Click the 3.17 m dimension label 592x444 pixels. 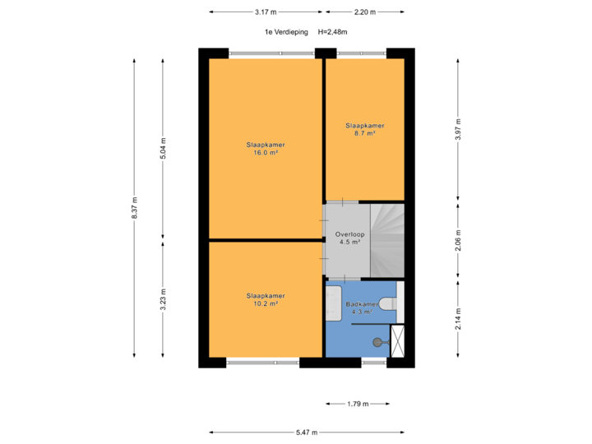(266, 12)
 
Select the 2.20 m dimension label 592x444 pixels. (365, 12)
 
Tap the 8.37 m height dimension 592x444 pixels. (134, 208)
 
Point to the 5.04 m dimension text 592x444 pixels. (163, 148)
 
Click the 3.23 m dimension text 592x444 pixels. (163, 299)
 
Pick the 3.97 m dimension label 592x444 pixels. (458, 130)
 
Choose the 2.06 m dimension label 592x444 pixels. (458, 240)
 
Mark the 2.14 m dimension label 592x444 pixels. (458, 319)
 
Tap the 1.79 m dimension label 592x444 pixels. (358, 404)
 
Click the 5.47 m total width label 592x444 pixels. (307, 432)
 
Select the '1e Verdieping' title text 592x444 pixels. (286, 32)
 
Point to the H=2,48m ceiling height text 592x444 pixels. (333, 32)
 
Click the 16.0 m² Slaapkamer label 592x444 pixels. (266, 149)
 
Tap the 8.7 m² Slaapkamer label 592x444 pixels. (365, 130)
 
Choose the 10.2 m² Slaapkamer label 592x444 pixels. (266, 300)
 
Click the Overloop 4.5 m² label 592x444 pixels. (349, 238)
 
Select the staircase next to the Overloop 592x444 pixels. (387, 241)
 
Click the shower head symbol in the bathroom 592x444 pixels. (381, 342)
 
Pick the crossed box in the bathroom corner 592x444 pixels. (398, 341)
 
